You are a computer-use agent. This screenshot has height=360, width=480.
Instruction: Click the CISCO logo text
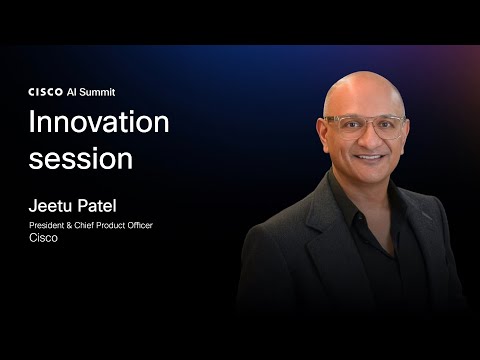pos(45,90)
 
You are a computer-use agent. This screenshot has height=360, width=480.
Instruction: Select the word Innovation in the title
pos(99,124)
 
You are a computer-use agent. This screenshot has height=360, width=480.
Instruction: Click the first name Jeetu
pos(51,206)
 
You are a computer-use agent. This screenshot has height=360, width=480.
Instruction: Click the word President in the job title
pos(48,226)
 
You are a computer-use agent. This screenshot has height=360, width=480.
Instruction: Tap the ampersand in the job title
pos(73,226)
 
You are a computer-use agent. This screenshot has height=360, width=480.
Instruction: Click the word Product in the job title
pos(115,226)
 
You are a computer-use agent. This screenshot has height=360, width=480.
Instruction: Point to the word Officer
pos(143,226)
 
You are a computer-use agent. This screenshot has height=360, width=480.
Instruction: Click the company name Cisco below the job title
pos(42,239)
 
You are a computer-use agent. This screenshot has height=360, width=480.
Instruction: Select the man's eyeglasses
pos(367,126)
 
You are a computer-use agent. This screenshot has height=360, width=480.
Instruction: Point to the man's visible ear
pos(327,130)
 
